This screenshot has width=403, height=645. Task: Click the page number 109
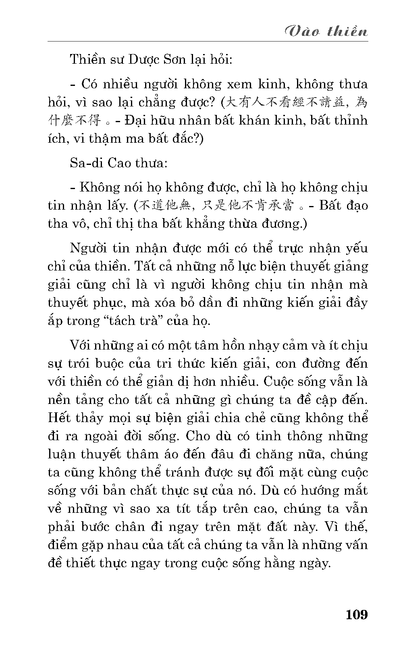tap(357, 615)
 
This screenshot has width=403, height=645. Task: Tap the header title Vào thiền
tap(326, 31)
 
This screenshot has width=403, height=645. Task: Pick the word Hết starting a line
tap(58, 418)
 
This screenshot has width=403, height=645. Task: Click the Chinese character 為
tap(361, 102)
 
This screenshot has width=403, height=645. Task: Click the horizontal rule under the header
tap(208, 41)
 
